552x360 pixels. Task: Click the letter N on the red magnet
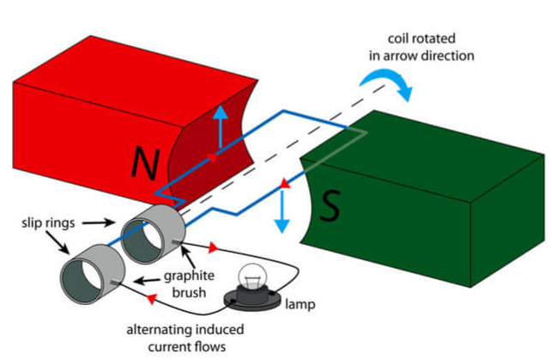tap(146, 162)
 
